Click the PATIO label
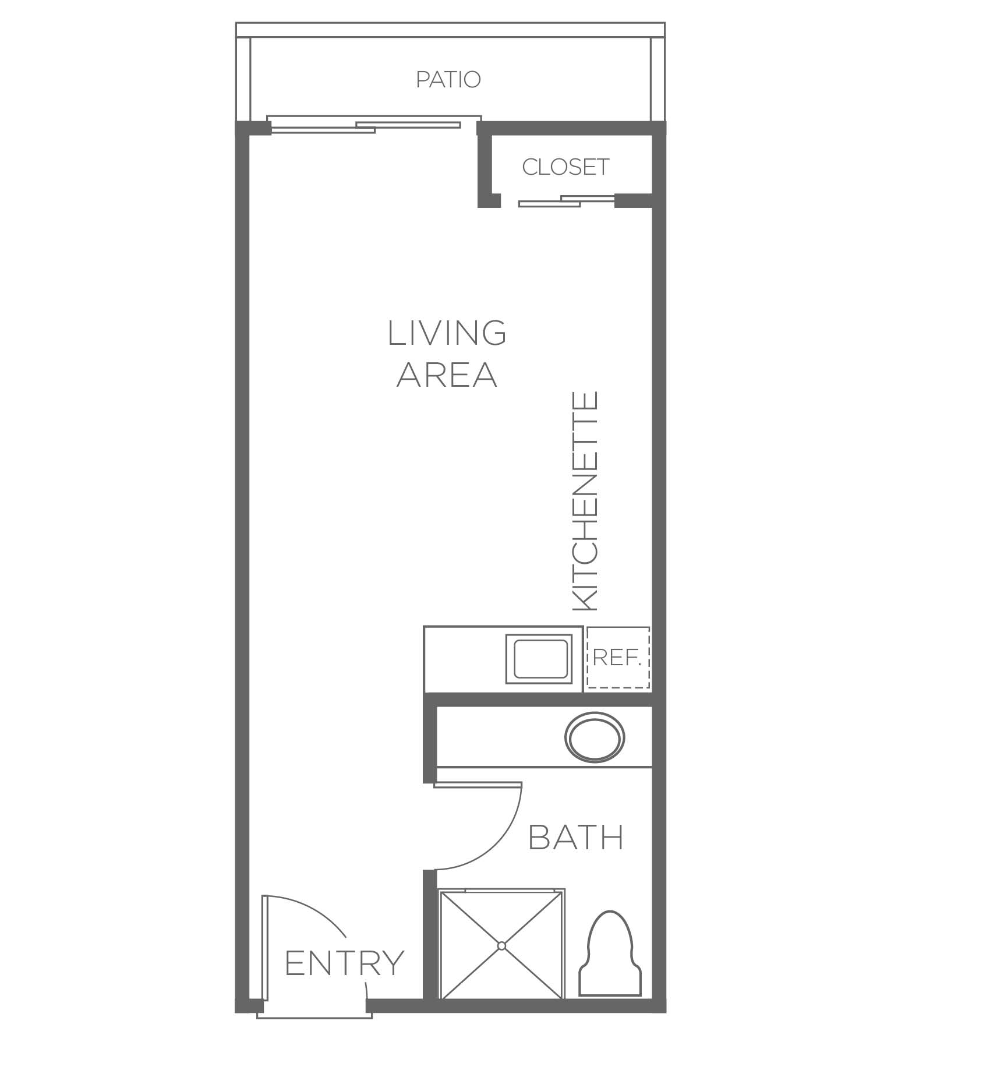[448, 79]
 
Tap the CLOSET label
[565, 167]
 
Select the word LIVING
[447, 333]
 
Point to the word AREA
[447, 374]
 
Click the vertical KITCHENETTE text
[585, 501]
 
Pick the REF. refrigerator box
[618, 658]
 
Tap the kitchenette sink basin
[540, 659]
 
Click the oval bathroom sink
[595, 737]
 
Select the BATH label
[576, 838]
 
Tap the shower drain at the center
[501, 946]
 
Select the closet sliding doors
[567, 201]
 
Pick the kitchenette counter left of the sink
[465, 659]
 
